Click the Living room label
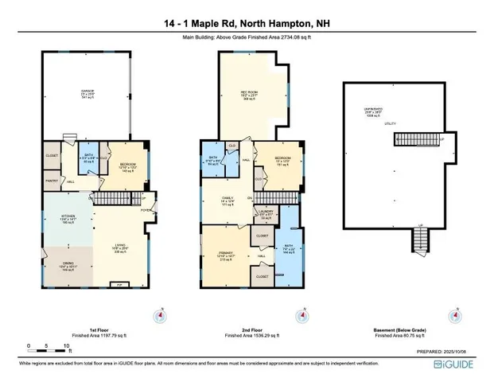[120, 247]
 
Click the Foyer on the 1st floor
[146, 210]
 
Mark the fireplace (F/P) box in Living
[120, 283]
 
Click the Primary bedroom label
[227, 255]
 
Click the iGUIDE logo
[461, 364]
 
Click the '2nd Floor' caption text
[251, 329]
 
